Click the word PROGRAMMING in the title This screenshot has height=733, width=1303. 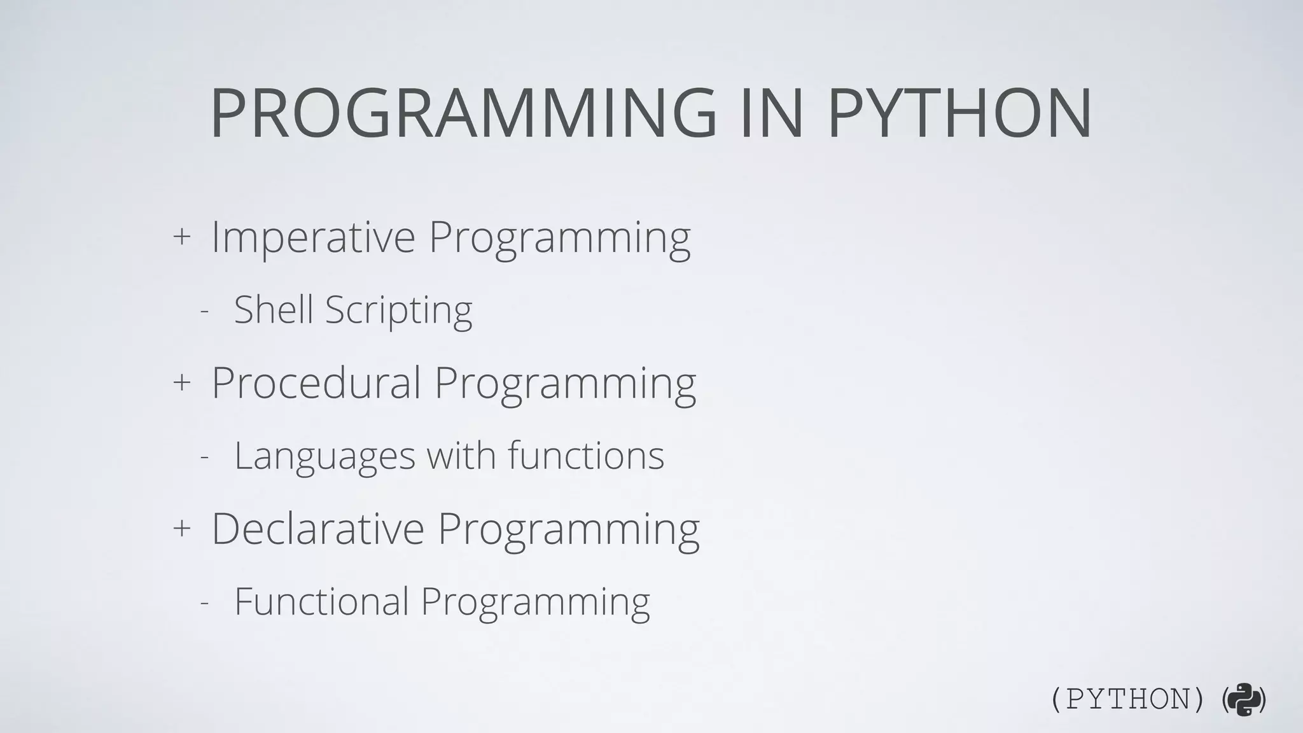point(463,113)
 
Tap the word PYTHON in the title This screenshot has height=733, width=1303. point(959,113)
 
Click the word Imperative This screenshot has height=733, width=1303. point(313,237)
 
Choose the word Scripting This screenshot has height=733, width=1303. point(399,312)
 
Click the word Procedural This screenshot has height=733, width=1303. point(316,383)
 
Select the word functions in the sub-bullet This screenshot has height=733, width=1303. point(586,456)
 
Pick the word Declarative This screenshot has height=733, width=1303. point(317,529)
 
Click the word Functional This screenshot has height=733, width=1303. point(321,601)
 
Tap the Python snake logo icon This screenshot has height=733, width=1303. point(1244,700)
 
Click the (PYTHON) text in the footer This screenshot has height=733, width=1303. point(1127,700)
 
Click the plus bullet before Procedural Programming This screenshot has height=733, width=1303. point(182,382)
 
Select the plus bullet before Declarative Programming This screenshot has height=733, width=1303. point(182,528)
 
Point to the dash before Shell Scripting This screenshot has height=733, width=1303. point(204,312)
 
